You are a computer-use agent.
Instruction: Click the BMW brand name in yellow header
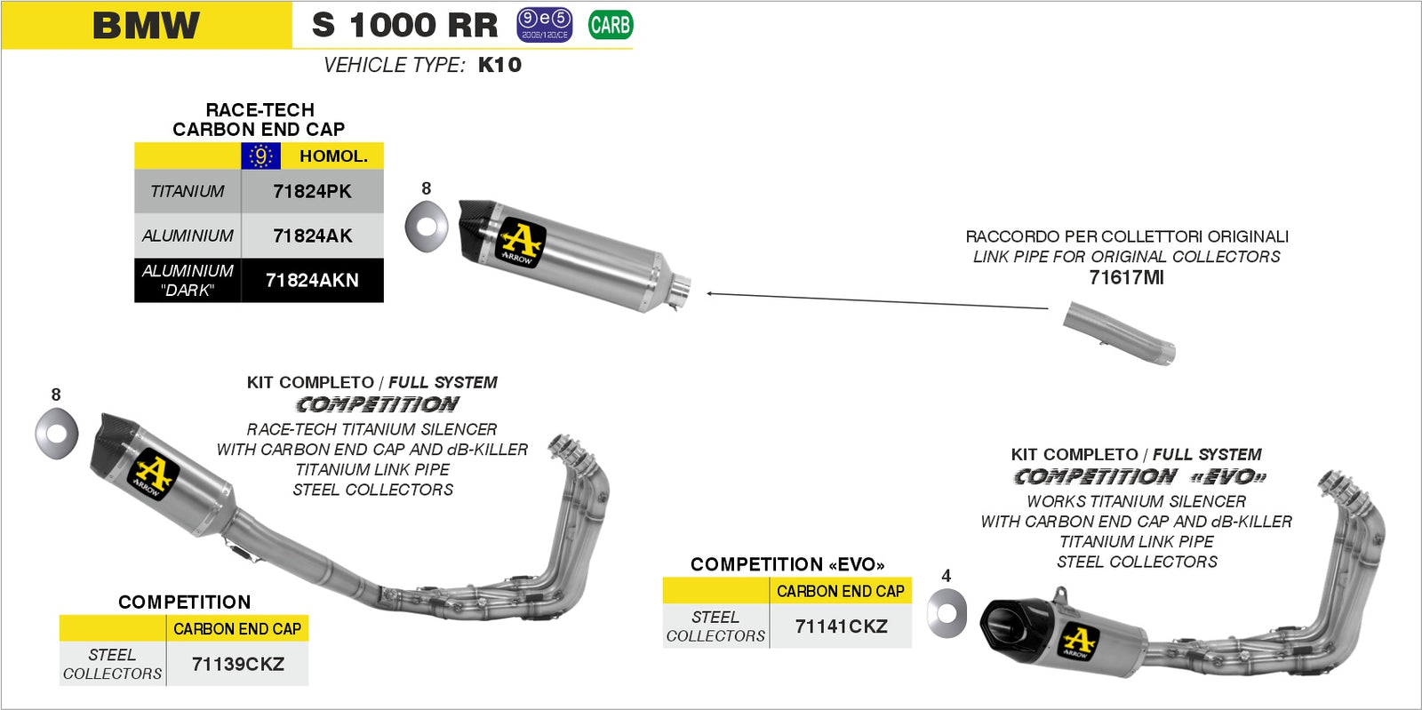pos(147,25)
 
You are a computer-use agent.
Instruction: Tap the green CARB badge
pos(611,25)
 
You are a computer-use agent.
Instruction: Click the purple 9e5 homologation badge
pos(544,25)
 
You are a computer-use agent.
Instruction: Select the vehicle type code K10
pos(499,65)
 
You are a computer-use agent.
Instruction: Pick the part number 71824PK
pos(312,191)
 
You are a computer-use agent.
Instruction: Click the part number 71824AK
pos(312,235)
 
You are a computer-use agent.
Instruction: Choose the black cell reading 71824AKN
pos(312,281)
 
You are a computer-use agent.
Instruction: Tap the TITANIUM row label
pos(188,191)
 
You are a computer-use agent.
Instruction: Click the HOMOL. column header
pos(333,156)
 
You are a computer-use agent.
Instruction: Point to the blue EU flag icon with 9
pos(260,156)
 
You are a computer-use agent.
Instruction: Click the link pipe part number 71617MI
pos(1126,277)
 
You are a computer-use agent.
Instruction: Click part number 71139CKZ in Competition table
pos(237,665)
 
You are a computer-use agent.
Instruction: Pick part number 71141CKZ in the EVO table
pos(841,626)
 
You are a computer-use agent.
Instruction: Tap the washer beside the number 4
pos(947,613)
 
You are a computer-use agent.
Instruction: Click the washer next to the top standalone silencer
pos(426,227)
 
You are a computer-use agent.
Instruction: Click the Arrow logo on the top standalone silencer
pos(521,243)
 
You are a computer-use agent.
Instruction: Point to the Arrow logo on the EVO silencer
pos(1080,642)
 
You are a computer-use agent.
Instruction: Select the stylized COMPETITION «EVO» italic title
pos(1139,477)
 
